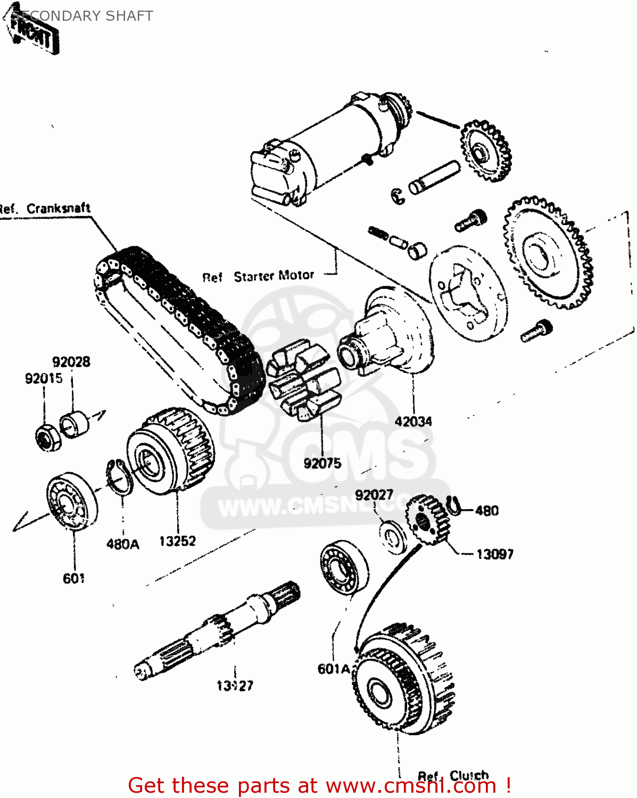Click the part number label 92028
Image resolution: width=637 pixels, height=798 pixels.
[71, 362]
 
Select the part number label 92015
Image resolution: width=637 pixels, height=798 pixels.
[44, 379]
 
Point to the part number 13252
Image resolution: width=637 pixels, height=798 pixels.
[177, 541]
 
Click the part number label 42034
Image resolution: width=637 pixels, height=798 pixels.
[413, 422]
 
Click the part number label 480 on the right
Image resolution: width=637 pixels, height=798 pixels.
[486, 511]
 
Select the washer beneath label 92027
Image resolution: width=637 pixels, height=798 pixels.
[393, 537]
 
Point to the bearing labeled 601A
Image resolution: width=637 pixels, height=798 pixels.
[344, 568]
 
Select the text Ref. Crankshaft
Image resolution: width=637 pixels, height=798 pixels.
[45, 209]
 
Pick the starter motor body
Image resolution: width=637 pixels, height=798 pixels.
[319, 146]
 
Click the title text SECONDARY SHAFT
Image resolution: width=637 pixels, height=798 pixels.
[82, 16]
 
